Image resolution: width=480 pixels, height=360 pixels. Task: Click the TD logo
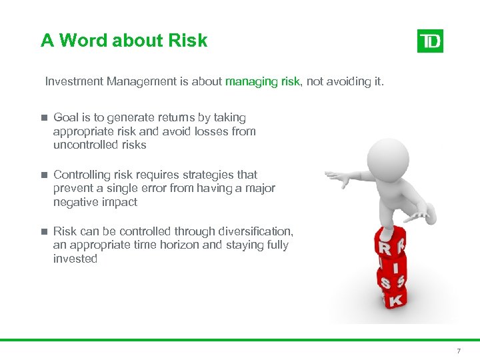(430, 41)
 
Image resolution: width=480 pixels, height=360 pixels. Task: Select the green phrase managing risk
(263, 81)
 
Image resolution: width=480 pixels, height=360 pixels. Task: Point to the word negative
(75, 203)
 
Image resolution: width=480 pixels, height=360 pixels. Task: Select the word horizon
(180, 245)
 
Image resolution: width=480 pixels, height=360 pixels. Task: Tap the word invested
(75, 259)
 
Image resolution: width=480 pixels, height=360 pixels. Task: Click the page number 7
(458, 351)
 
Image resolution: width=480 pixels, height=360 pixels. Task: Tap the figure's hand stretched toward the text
(337, 177)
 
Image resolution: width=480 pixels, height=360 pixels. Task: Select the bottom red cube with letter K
(394, 300)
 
